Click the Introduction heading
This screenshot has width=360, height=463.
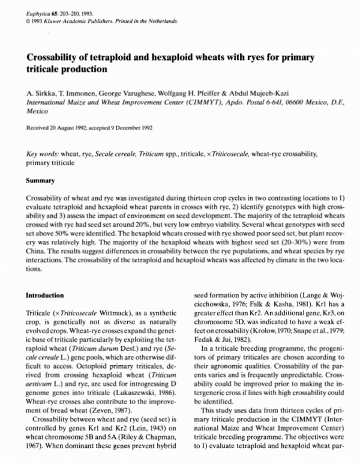click(x=46, y=295)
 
